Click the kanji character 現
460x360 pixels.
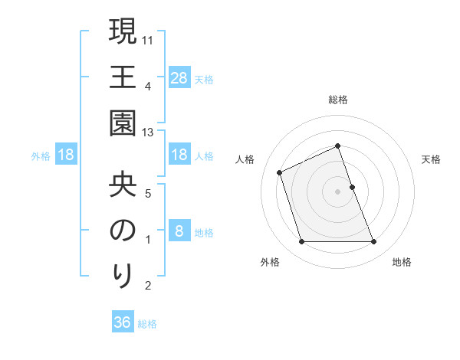click(x=123, y=33)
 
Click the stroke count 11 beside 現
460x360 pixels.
click(x=149, y=40)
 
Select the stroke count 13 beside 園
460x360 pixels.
click(x=149, y=133)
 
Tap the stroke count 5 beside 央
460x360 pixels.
click(x=149, y=192)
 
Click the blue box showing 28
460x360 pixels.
click(x=179, y=77)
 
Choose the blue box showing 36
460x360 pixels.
click(x=122, y=322)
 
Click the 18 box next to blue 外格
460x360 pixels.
click(x=66, y=155)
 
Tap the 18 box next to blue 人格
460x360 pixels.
click(x=179, y=155)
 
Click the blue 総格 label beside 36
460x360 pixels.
click(x=147, y=324)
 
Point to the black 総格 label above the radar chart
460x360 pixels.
click(x=337, y=100)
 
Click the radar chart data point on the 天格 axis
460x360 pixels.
click(x=352, y=187)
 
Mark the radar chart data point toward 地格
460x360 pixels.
click(x=373, y=242)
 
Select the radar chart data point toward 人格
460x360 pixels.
click(x=281, y=172)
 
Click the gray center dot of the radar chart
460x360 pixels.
click(x=337, y=191)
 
